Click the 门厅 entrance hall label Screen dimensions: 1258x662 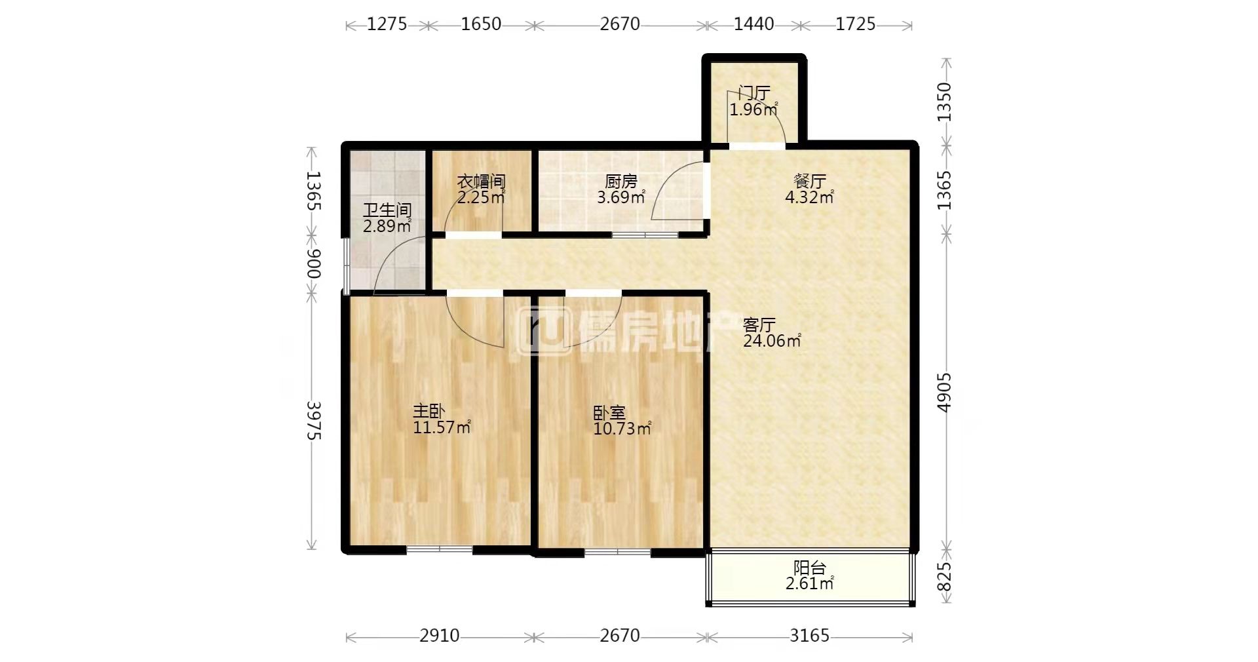pyautogui.click(x=754, y=92)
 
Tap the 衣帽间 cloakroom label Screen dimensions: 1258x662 pyautogui.click(x=481, y=181)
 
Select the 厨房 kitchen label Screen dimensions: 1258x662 pyautogui.click(x=621, y=181)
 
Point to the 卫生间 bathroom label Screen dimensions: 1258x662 pyautogui.click(x=387, y=210)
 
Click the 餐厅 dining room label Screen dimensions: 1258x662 pyautogui.click(x=810, y=181)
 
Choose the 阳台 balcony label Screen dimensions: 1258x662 pyautogui.click(x=810, y=568)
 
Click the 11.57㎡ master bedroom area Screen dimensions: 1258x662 pyautogui.click(x=442, y=428)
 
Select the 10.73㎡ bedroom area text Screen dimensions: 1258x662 pyautogui.click(x=622, y=429)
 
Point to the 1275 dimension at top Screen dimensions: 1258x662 pyautogui.click(x=387, y=24)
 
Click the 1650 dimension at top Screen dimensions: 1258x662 pyautogui.click(x=481, y=24)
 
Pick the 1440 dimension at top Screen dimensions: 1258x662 pyautogui.click(x=753, y=24)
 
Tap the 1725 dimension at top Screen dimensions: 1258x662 pyautogui.click(x=856, y=24)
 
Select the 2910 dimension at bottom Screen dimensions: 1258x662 pyautogui.click(x=440, y=636)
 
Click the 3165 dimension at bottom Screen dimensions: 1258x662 pyautogui.click(x=810, y=636)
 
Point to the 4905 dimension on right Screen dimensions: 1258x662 pyautogui.click(x=944, y=392)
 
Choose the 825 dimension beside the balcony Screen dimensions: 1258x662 pyautogui.click(x=944, y=577)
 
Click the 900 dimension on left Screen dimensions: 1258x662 pyautogui.click(x=314, y=264)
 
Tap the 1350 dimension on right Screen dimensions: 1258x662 pyautogui.click(x=944, y=102)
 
